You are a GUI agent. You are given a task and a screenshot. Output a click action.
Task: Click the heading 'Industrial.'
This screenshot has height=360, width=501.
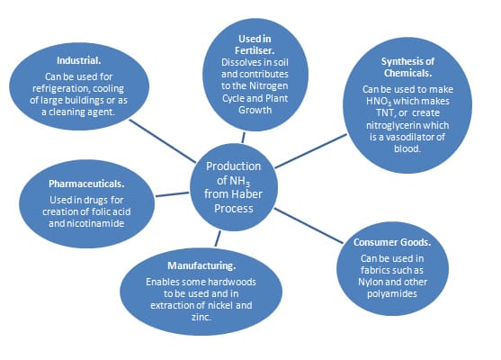point(78,60)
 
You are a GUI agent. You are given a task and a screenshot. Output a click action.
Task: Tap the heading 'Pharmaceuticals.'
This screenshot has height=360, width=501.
point(86,184)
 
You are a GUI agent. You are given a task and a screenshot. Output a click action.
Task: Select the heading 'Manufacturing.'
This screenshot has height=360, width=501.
point(201,265)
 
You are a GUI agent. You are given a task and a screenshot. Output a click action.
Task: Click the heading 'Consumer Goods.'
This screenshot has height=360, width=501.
point(392,242)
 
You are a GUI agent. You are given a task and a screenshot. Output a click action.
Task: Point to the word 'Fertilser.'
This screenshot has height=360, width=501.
point(255,50)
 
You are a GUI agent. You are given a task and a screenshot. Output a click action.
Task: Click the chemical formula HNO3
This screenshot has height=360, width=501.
point(379,102)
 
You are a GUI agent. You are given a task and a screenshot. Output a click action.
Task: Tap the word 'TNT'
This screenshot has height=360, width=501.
point(385,112)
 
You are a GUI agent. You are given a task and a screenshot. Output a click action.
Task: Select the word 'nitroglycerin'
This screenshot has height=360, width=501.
point(389,125)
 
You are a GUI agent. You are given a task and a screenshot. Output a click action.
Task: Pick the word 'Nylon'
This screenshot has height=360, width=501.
point(370,282)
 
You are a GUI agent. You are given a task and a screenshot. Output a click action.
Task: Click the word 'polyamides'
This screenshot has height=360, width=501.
point(392,293)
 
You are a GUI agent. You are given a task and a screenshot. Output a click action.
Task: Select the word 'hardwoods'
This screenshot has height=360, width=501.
point(237,282)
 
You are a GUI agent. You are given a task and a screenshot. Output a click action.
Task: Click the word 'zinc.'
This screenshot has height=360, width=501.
point(201,317)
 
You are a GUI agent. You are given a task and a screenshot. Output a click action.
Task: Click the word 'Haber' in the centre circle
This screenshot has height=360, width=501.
point(247,194)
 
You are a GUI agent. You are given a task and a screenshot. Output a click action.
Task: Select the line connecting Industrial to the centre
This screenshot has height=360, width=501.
point(162,141)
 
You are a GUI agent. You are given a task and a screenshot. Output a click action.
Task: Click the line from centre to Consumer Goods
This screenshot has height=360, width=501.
point(309,226)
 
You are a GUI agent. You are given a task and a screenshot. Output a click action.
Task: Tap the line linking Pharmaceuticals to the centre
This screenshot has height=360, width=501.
point(172,194)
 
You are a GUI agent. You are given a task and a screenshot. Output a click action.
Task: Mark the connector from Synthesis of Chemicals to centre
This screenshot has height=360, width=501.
point(310,151)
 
